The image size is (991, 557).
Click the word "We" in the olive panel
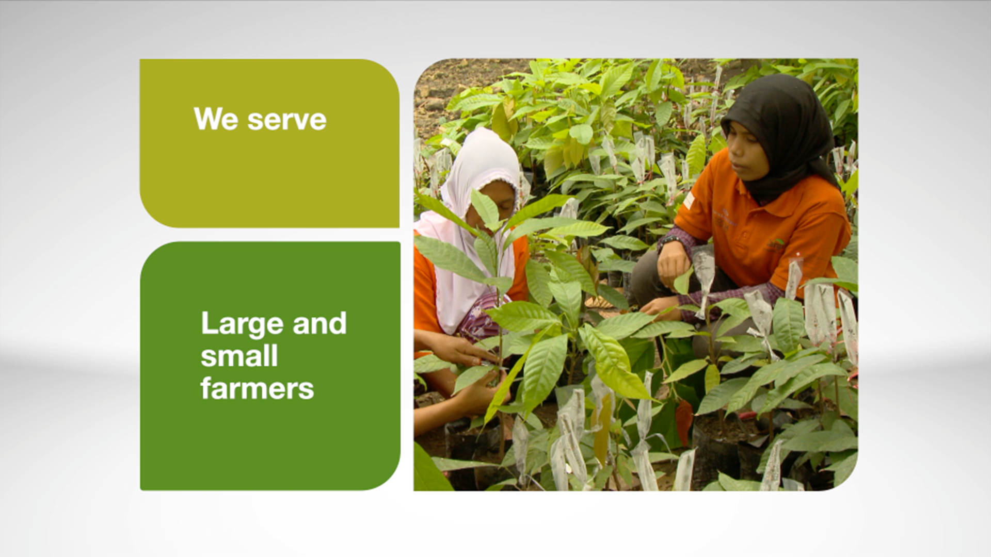216,119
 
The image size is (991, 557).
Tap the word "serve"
287,120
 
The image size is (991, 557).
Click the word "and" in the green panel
319,323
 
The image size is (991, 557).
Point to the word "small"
239,356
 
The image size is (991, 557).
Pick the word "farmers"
257,388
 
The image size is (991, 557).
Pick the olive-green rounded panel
269,143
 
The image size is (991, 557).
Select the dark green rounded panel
270,366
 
